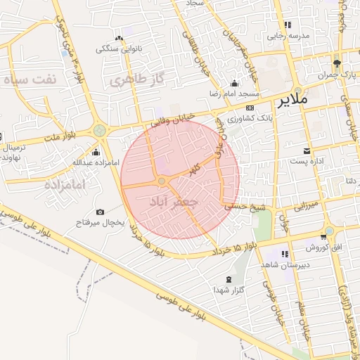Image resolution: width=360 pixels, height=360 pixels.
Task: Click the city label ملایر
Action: click(x=293, y=100)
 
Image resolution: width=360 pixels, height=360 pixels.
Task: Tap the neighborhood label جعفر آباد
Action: click(x=171, y=202)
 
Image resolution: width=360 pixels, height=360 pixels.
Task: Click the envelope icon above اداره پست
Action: click(x=307, y=151)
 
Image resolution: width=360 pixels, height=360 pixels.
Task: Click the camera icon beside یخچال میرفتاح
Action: click(x=100, y=212)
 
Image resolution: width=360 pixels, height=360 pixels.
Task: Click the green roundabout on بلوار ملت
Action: click(x=100, y=130)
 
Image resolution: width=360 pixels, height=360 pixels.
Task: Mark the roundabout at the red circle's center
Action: click(x=162, y=181)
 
